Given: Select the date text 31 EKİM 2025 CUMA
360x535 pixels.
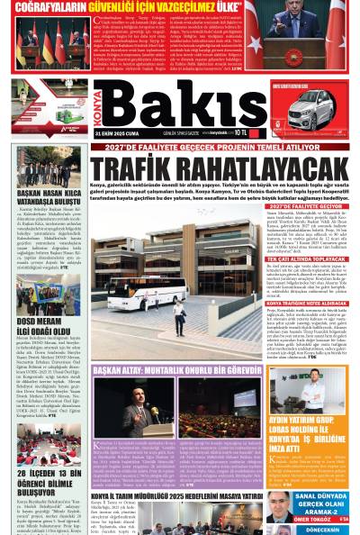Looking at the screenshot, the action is click(x=120, y=131).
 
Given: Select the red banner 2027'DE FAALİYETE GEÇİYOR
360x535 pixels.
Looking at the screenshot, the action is click(x=312, y=205).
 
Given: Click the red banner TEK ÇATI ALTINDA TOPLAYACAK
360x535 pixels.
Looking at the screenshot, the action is click(x=312, y=258).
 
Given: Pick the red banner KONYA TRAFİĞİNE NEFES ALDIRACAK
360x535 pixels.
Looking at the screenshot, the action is click(x=312, y=303).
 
